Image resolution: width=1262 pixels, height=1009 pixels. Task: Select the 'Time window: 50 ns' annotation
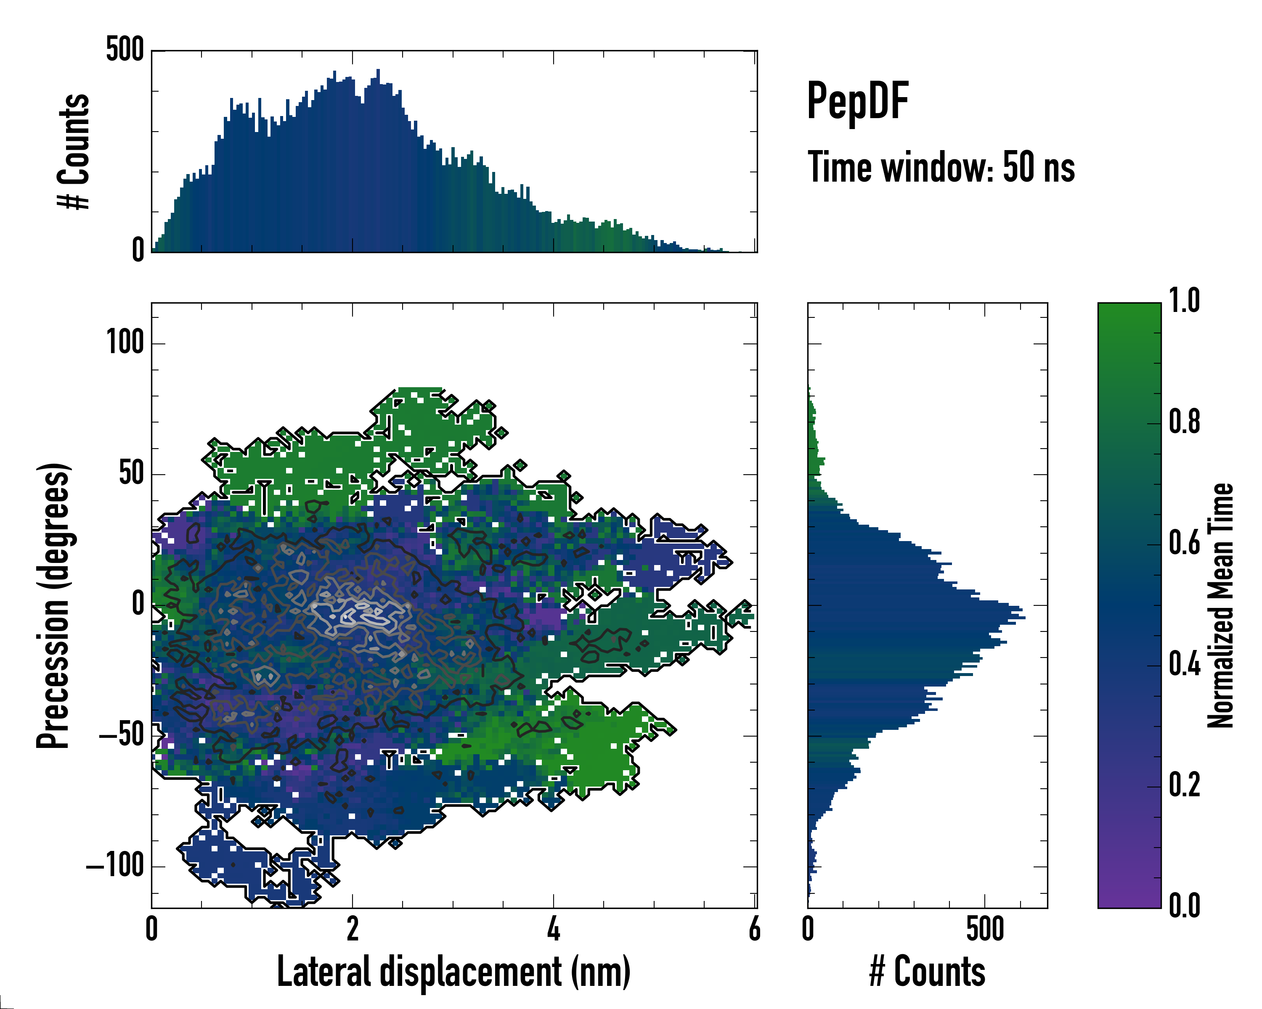click(941, 168)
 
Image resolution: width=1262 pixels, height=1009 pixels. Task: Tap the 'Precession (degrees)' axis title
click(54, 605)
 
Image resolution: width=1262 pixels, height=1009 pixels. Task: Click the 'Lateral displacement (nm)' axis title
click(453, 972)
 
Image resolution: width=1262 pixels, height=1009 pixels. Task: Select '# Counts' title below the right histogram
click(927, 972)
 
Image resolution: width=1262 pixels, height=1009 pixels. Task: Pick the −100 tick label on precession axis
click(115, 865)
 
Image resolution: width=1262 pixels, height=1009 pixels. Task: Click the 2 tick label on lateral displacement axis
click(353, 930)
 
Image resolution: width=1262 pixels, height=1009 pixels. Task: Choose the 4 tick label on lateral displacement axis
click(553, 930)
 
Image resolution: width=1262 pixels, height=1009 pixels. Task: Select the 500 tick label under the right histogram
click(985, 930)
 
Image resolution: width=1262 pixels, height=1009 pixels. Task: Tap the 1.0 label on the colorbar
click(1185, 301)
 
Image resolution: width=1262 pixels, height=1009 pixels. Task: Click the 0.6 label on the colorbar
click(1185, 544)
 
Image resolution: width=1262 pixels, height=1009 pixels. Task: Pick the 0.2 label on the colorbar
click(1185, 785)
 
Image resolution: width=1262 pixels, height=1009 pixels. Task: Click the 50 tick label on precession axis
click(132, 473)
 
